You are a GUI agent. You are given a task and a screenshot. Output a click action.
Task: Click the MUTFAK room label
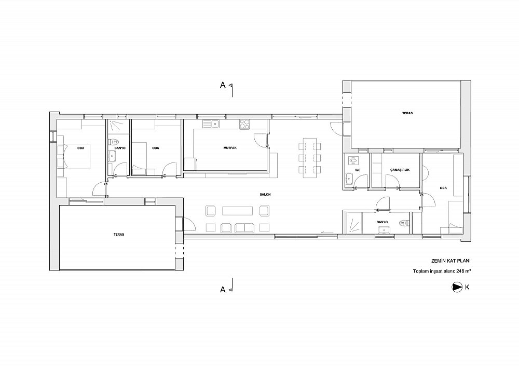tap(230, 148)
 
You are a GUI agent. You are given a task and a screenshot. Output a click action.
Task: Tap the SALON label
tap(265, 194)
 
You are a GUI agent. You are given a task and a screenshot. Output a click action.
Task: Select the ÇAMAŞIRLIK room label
tap(400, 170)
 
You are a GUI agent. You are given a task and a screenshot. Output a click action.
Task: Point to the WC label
tap(358, 170)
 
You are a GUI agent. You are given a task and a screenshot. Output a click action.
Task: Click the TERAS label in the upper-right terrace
tap(407, 113)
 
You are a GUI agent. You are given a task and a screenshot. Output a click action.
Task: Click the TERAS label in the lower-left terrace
tap(119, 234)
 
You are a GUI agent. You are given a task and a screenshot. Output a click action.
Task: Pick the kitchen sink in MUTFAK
tap(212, 124)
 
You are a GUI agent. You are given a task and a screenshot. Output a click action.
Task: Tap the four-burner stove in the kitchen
tap(244, 124)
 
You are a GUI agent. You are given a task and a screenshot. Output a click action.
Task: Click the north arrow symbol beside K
tap(457, 287)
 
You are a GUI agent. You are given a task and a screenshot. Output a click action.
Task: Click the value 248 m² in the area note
tap(463, 271)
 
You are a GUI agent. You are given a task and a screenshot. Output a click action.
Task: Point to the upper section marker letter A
tap(223, 85)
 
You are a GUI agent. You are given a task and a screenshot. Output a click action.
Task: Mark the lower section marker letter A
tap(223, 290)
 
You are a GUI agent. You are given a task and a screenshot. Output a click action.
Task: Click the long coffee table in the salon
tap(238, 211)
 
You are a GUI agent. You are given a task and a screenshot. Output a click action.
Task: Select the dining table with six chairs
tap(309, 158)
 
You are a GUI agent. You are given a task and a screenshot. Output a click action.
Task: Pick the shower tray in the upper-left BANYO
tap(116, 126)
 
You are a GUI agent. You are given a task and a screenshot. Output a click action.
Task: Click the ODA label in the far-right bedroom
tap(444, 188)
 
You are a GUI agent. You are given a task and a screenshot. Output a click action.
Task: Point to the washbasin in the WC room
tap(349, 179)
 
